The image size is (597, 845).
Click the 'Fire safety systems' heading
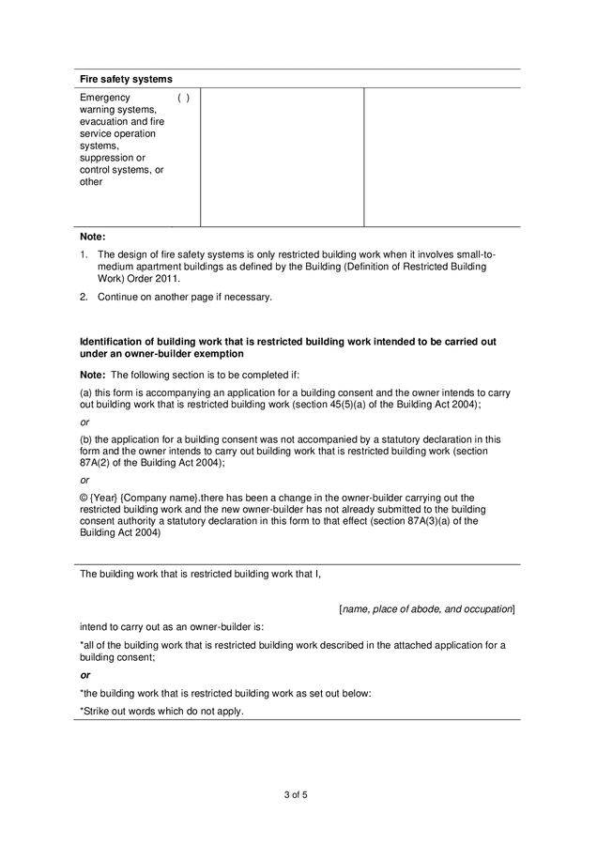pyautogui.click(x=126, y=79)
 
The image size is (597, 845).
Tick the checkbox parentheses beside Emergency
pyautogui.click(x=184, y=98)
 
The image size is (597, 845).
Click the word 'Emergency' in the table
pyautogui.click(x=105, y=98)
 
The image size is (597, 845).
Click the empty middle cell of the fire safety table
pyautogui.click(x=282, y=157)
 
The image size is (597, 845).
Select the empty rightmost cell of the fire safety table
pyautogui.click(x=441, y=157)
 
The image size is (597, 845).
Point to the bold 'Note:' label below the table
pyautogui.click(x=93, y=237)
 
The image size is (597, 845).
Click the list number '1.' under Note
pyautogui.click(x=84, y=254)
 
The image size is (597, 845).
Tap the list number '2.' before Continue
pyautogui.click(x=84, y=297)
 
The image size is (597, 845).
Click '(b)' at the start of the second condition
pyautogui.click(x=86, y=438)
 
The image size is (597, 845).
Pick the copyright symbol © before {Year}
pyautogui.click(x=84, y=498)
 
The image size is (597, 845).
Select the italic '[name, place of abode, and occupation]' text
pyautogui.click(x=426, y=608)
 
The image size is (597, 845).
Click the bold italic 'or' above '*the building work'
pyautogui.click(x=85, y=675)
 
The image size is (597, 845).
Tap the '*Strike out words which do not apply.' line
pyautogui.click(x=161, y=711)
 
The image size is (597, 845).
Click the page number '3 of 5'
pyautogui.click(x=296, y=795)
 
